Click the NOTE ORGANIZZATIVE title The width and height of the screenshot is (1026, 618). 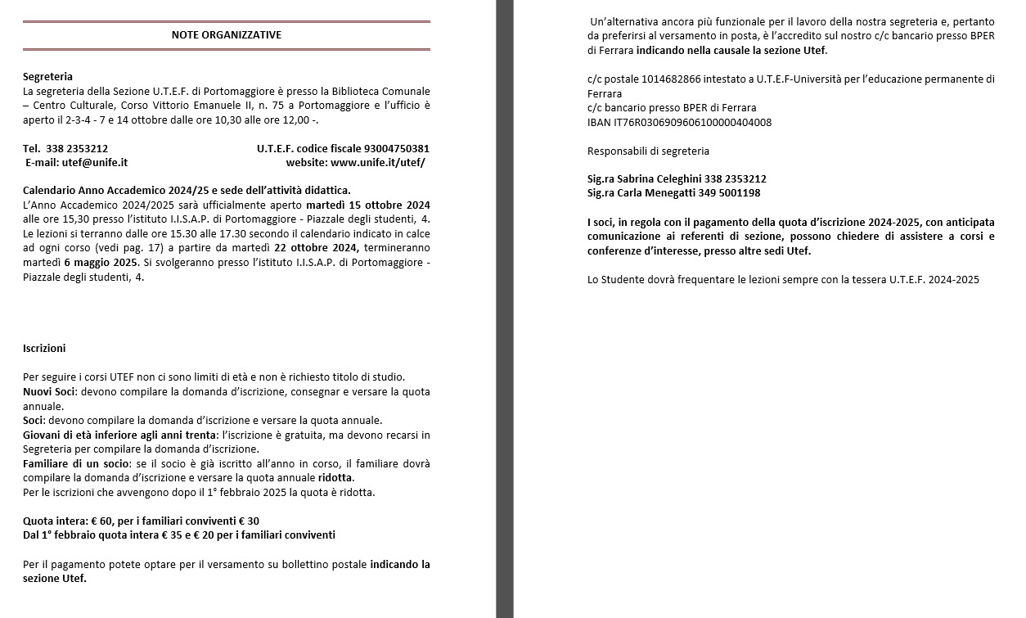click(x=226, y=34)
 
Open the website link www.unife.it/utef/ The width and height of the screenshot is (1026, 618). click(x=377, y=162)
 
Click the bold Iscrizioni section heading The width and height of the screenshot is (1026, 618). click(x=44, y=348)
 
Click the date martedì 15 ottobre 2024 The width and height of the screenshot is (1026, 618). click(x=368, y=205)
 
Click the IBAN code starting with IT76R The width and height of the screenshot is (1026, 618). click(x=679, y=123)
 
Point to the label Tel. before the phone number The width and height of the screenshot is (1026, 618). click(x=32, y=148)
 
